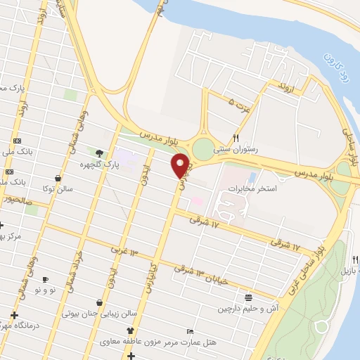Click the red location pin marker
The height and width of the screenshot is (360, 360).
181,165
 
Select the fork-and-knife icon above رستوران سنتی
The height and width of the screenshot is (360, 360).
236,138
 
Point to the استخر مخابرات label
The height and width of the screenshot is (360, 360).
274,189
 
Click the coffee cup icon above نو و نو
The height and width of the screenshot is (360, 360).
46,279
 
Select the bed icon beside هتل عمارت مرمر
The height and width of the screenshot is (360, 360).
190,331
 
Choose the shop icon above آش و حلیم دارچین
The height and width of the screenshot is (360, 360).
248,297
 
